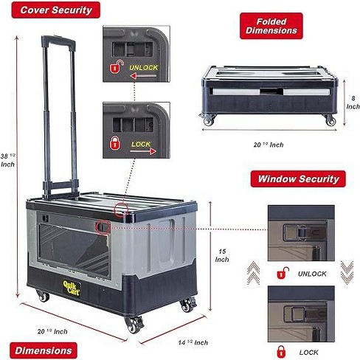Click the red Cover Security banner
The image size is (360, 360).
click(56, 10)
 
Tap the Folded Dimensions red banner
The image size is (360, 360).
click(271, 26)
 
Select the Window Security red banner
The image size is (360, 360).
click(298, 179)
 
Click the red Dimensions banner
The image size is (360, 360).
click(44, 350)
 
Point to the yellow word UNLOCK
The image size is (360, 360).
click(144, 68)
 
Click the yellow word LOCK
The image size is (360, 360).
click(141, 144)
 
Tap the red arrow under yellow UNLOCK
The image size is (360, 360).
click(143, 76)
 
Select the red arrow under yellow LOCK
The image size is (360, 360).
click(143, 151)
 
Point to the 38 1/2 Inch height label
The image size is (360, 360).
click(7, 160)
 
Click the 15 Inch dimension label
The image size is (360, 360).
click(222, 255)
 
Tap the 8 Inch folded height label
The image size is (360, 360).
click(353, 103)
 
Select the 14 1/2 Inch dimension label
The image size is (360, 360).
click(193, 342)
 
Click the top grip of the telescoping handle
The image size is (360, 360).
click(58, 42)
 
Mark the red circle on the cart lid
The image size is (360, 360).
click(121, 210)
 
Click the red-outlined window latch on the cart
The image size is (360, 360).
click(103, 227)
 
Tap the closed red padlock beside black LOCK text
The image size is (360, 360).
click(281, 352)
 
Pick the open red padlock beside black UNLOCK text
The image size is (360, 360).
click(283, 273)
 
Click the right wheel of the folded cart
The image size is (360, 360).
click(330, 120)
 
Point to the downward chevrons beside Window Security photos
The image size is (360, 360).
click(347, 272)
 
